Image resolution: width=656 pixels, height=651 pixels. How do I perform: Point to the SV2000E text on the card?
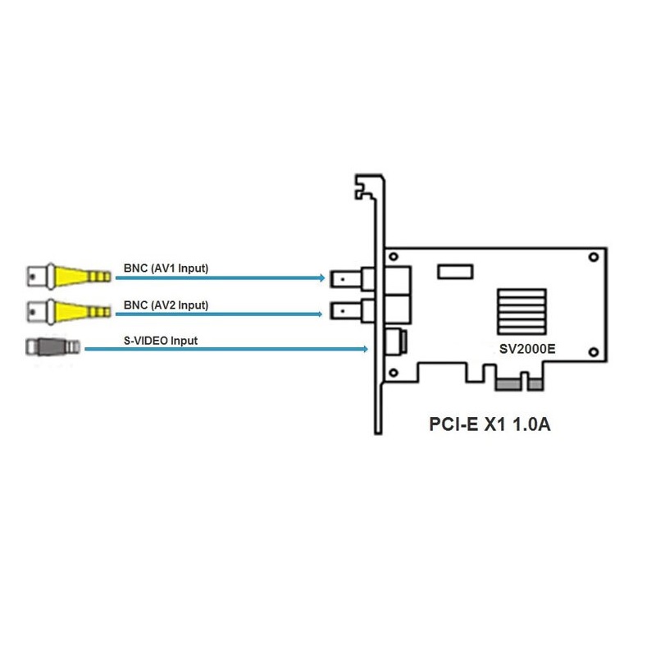(x=527, y=348)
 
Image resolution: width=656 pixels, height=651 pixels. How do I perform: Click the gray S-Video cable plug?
(x=53, y=347)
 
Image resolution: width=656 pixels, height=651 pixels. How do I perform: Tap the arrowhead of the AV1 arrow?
(x=321, y=278)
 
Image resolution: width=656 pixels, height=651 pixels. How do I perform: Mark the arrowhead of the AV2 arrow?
(x=321, y=314)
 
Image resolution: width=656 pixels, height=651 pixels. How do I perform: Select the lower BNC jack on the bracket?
(x=348, y=312)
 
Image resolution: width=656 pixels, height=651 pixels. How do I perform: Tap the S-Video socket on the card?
(x=395, y=342)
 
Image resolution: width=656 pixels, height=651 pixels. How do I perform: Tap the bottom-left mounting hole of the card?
(x=394, y=373)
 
